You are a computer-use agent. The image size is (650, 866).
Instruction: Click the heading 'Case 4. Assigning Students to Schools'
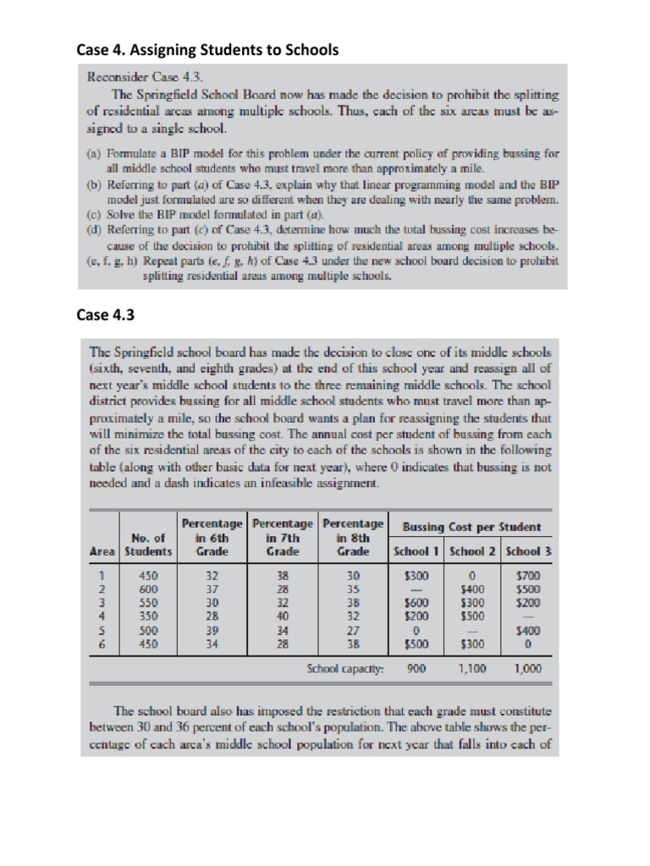click(x=207, y=50)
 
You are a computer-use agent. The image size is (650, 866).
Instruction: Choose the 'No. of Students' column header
click(x=148, y=545)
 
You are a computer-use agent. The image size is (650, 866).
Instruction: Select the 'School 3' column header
click(x=528, y=551)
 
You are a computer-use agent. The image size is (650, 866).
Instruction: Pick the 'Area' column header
click(x=102, y=551)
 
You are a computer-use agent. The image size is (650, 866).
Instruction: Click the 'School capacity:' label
click(x=344, y=667)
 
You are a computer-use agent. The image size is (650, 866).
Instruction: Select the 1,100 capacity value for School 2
click(x=472, y=667)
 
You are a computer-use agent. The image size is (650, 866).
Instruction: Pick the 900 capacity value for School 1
click(x=416, y=667)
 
